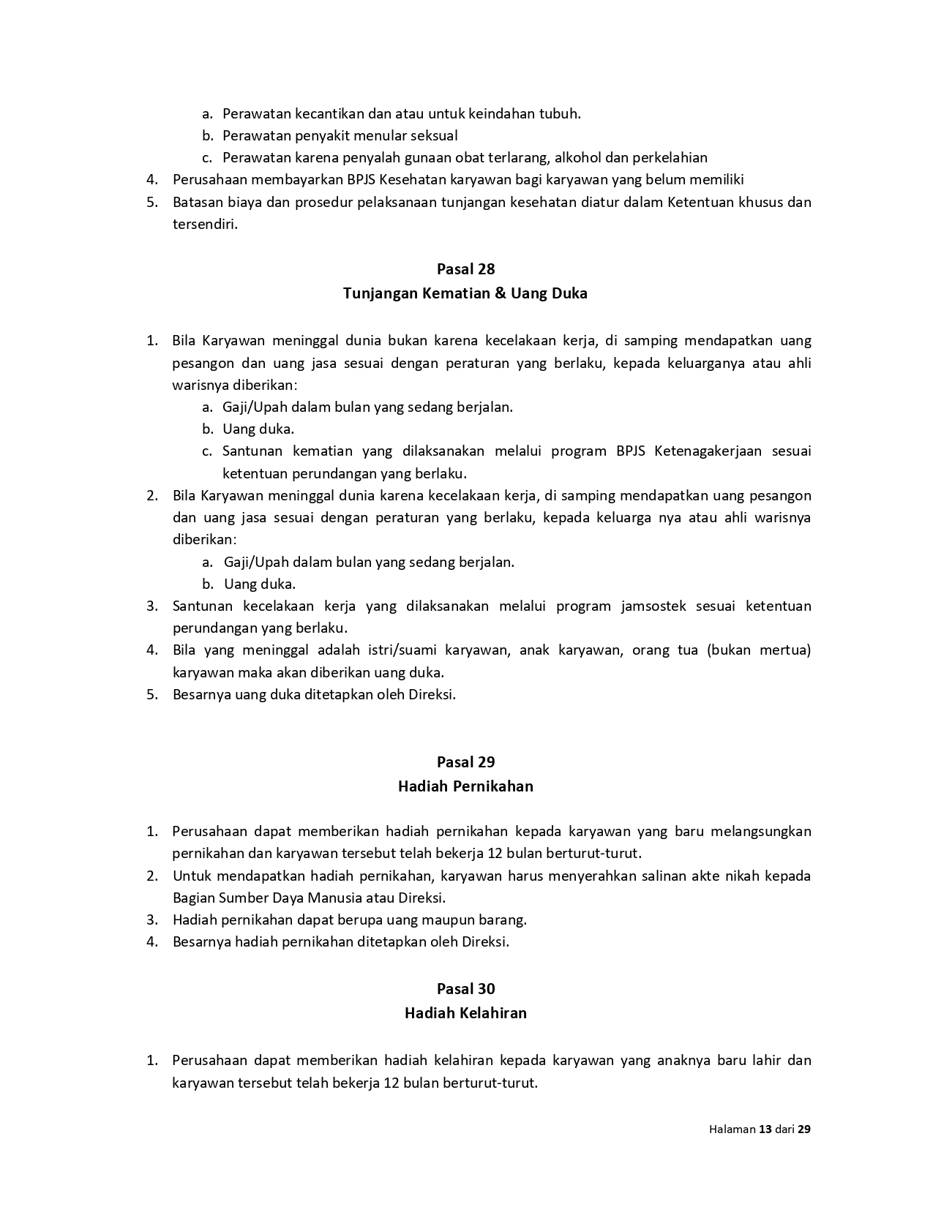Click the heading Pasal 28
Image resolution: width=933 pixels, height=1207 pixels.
[x=465, y=269]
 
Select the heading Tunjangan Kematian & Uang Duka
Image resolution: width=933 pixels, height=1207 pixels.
[x=465, y=294]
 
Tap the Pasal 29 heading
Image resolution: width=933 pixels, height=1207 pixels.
[x=465, y=762]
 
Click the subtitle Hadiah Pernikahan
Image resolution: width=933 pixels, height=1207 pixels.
[x=465, y=787]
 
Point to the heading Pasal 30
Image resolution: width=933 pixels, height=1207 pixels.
[x=465, y=989]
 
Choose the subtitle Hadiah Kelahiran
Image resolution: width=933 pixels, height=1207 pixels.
[x=465, y=1014]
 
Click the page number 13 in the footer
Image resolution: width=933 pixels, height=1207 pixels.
[x=765, y=1129]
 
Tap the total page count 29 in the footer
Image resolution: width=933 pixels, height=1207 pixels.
[x=803, y=1129]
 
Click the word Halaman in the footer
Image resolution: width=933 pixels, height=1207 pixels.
[x=732, y=1129]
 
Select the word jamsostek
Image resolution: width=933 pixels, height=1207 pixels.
[x=652, y=606]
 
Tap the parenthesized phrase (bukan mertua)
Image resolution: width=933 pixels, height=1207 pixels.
[x=759, y=650]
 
